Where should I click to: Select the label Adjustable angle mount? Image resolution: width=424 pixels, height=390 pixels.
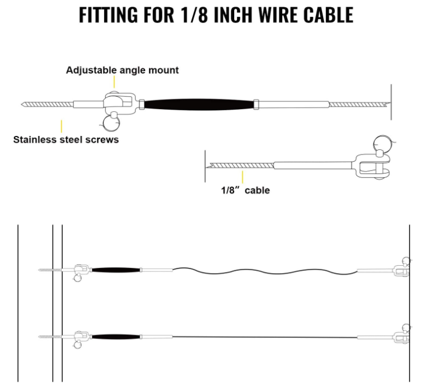tap(122, 71)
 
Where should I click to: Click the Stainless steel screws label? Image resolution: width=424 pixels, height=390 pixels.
tap(66, 139)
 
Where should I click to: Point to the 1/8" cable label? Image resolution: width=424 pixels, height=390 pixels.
tap(245, 190)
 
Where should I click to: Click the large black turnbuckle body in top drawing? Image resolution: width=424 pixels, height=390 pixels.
tap(199, 105)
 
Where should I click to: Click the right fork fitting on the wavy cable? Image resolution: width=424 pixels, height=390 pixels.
tap(400, 270)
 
